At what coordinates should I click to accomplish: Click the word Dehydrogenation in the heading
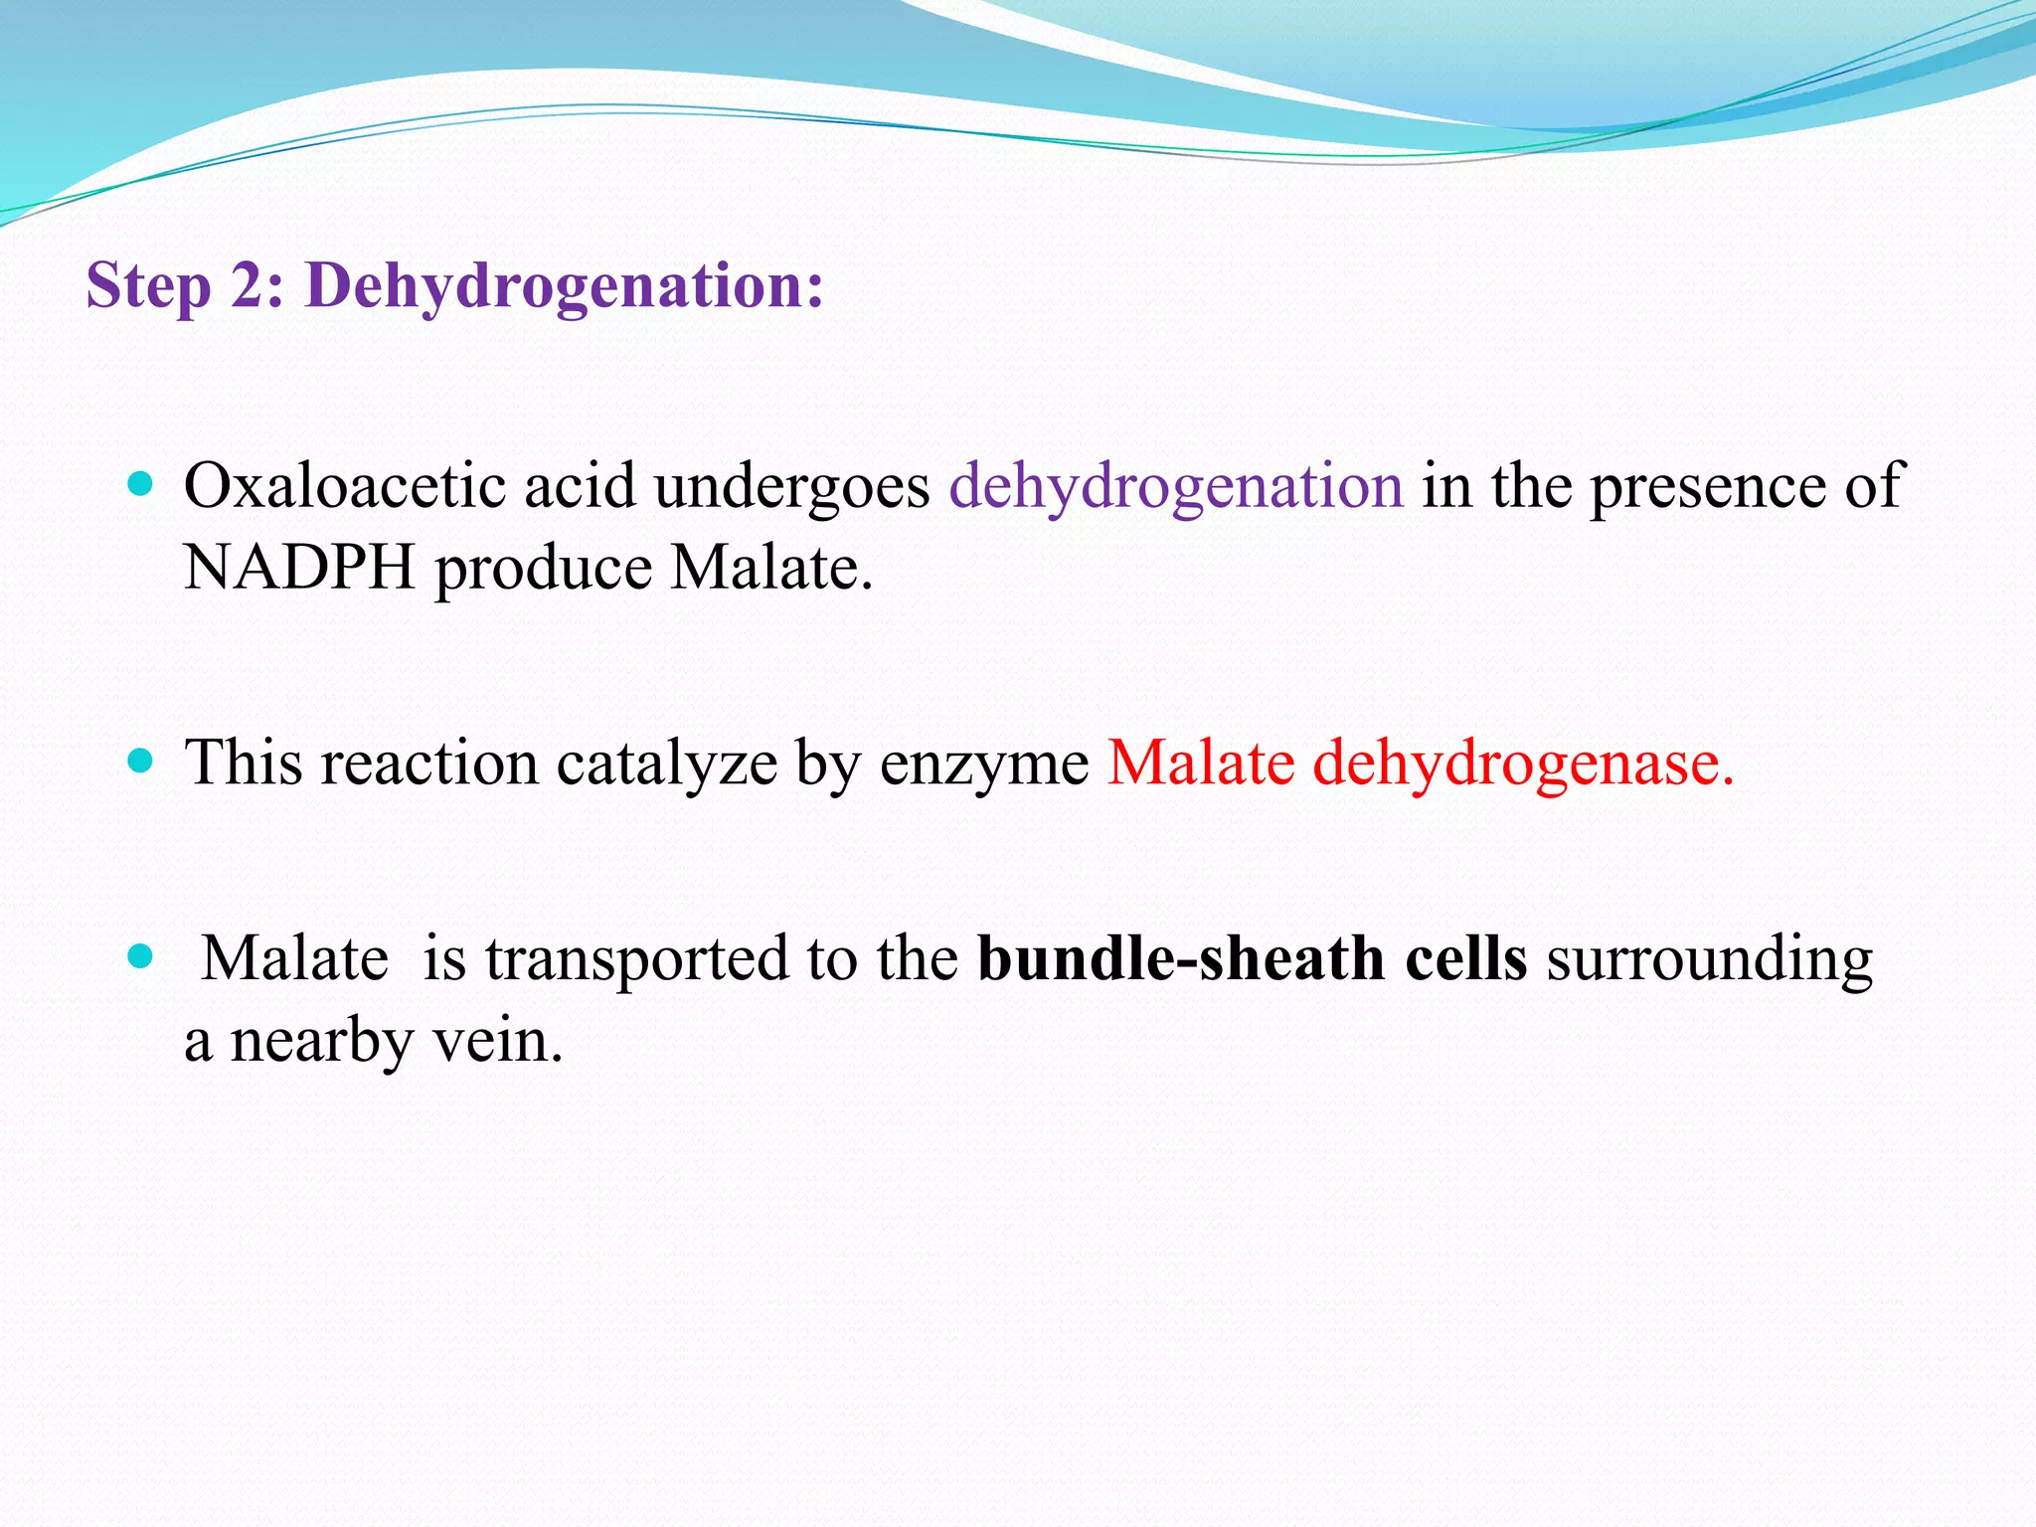click(x=565, y=286)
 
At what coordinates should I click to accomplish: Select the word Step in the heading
click(x=149, y=286)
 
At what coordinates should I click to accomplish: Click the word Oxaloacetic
click(x=345, y=486)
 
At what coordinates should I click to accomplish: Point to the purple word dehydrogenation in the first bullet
click(x=1176, y=488)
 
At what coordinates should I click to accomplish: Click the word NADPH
click(x=299, y=568)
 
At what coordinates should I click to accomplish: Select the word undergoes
click(x=791, y=488)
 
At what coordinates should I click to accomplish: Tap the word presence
click(x=1708, y=488)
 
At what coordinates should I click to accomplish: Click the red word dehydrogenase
click(x=1523, y=764)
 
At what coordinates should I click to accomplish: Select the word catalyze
click(x=666, y=764)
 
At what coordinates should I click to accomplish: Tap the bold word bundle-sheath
click(x=1182, y=958)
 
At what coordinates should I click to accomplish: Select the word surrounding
click(x=1709, y=960)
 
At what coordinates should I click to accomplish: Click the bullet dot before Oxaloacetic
click(x=141, y=484)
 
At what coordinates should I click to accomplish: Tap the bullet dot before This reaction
click(x=141, y=762)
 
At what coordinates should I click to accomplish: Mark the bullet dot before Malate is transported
click(x=141, y=956)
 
